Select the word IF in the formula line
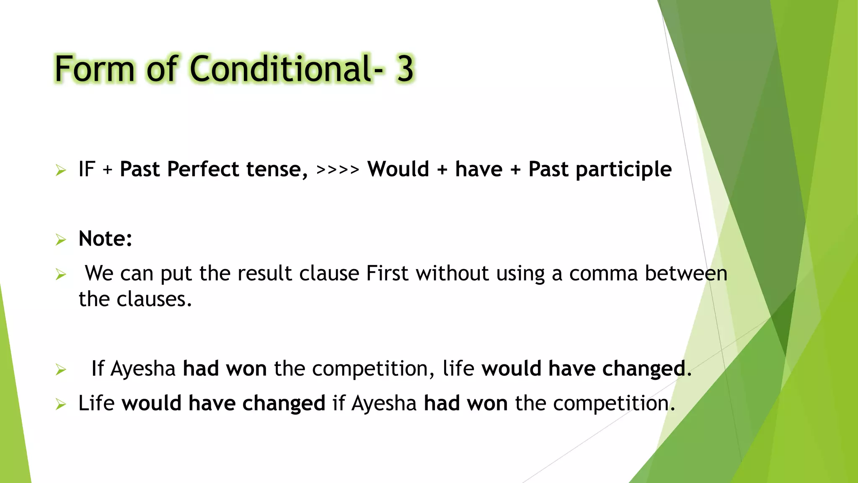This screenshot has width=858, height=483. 87,169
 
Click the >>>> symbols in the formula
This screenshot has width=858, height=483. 338,170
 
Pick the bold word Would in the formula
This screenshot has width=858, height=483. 398,169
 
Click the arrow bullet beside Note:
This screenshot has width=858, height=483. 61,240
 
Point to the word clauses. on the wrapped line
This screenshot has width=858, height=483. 154,299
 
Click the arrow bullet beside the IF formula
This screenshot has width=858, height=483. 61,171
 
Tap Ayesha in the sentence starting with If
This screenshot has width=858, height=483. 143,369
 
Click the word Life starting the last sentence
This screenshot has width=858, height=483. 96,403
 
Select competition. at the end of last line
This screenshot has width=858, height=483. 614,404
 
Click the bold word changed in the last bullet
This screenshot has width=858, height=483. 284,403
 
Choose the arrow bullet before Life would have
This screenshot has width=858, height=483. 61,405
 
